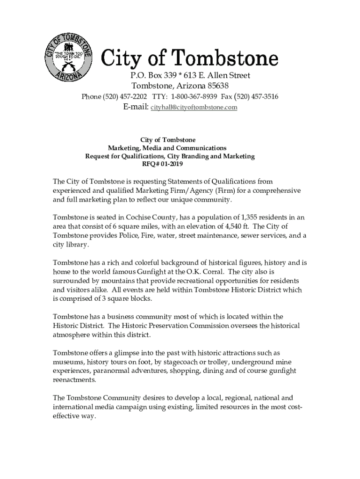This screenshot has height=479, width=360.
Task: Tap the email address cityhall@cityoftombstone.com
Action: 194,108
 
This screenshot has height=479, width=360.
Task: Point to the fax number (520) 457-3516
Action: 258,97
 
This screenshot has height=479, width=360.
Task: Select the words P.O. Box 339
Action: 152,76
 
